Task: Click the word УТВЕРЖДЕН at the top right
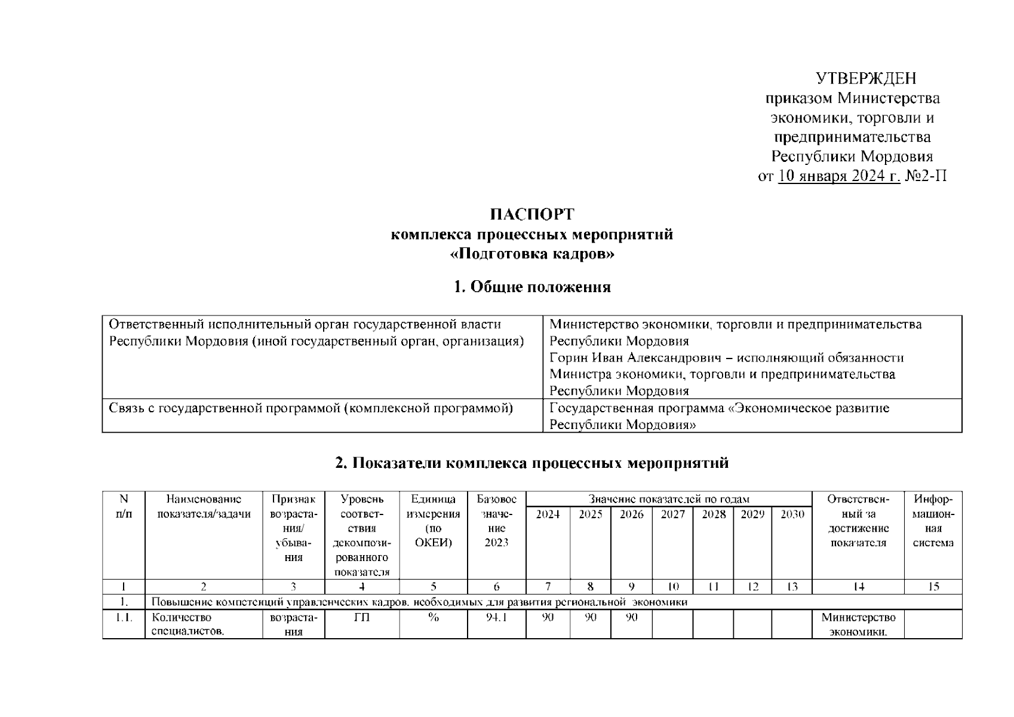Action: [866, 78]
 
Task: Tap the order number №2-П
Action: [926, 176]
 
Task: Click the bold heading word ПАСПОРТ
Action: [531, 214]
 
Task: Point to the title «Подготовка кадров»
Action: [531, 254]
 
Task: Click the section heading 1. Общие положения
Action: [531, 287]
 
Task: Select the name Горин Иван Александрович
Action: [638, 358]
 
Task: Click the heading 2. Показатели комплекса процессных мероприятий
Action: [531, 463]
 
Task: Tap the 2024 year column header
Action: [548, 514]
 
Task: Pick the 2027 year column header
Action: [672, 514]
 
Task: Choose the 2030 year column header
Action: [792, 514]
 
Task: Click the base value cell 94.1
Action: [496, 618]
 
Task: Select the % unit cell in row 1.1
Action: [434, 618]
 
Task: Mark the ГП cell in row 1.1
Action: [362, 618]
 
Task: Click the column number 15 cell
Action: [933, 587]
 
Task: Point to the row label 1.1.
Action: [124, 618]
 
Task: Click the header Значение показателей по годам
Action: [669, 499]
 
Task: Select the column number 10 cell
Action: [672, 587]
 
